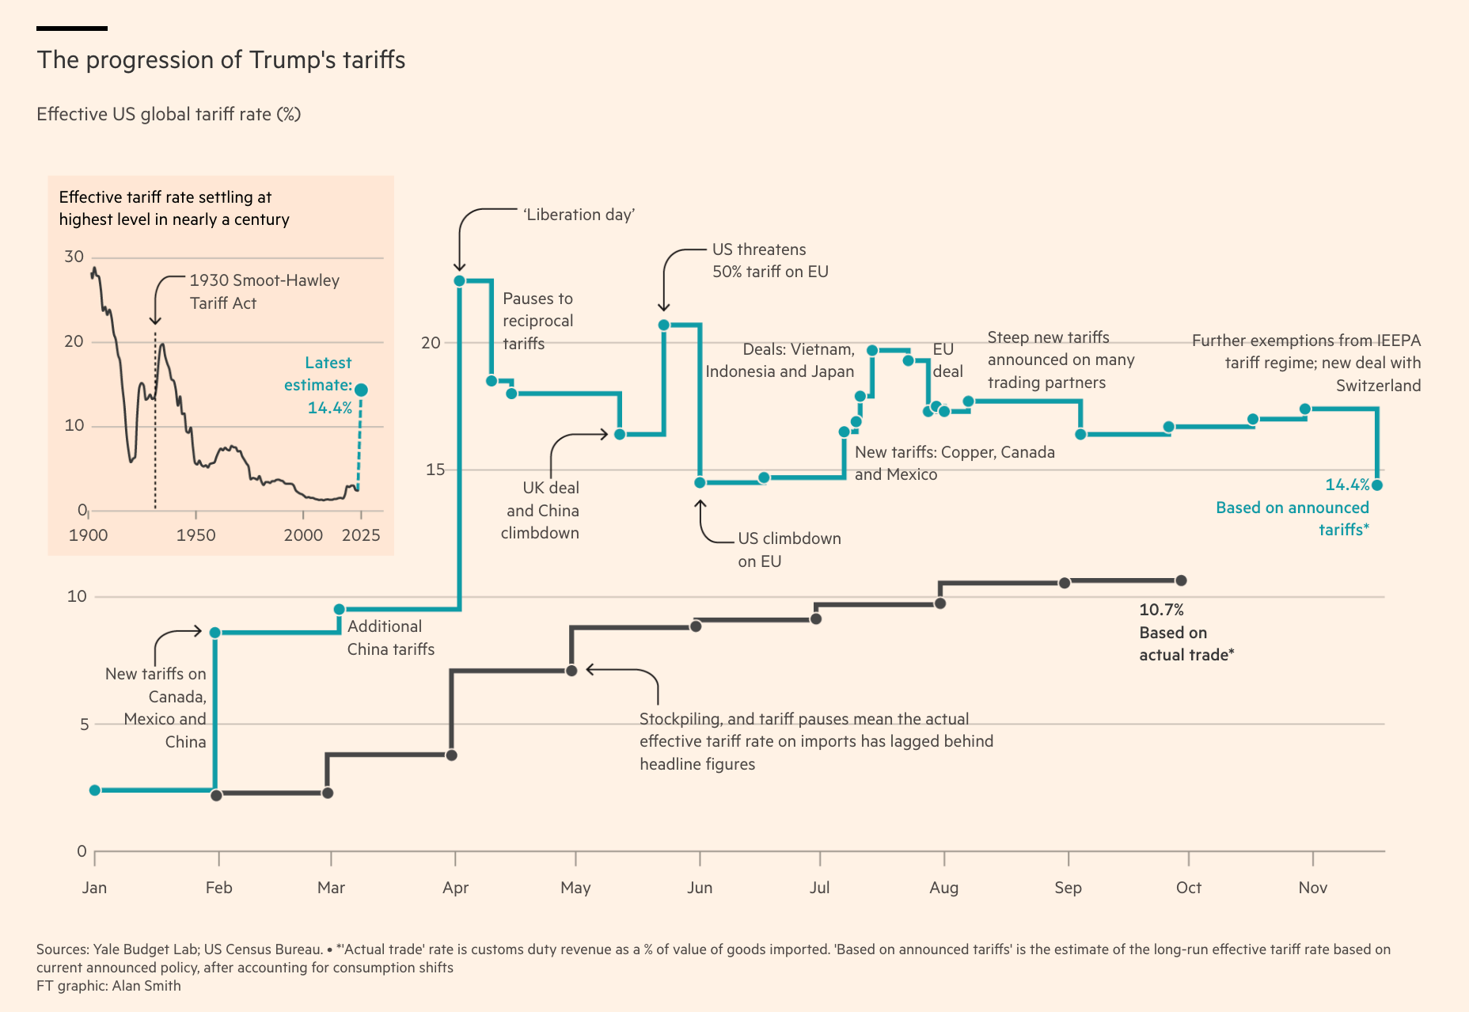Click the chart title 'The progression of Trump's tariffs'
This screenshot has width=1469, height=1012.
pos(221,60)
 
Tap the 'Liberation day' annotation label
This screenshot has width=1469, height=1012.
pos(579,215)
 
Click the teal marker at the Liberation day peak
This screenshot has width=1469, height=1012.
pos(459,280)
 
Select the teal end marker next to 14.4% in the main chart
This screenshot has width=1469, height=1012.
pos(1377,485)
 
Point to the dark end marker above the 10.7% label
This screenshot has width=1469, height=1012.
pos(1181,580)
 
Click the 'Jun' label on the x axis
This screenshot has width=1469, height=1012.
pos(700,888)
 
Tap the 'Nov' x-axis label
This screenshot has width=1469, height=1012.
pos(1312,888)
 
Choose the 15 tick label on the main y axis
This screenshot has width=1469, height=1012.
pos(435,470)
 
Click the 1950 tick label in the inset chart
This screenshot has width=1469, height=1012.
pos(195,535)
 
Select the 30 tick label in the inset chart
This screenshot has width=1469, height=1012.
pos(74,257)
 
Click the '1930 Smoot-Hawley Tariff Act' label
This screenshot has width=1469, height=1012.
pos(264,291)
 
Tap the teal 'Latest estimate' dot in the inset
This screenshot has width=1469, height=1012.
pos(361,390)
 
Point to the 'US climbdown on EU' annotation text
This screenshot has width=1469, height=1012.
pos(789,550)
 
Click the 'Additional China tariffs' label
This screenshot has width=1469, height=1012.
pos(391,637)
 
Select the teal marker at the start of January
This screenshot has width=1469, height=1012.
pos(95,790)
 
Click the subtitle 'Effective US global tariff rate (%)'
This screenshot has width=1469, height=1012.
pos(169,114)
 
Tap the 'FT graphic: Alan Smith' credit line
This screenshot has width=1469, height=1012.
pos(108,986)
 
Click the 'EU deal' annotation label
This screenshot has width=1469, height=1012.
pos(947,360)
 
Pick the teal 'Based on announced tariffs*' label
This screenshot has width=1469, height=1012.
pos(1292,519)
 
